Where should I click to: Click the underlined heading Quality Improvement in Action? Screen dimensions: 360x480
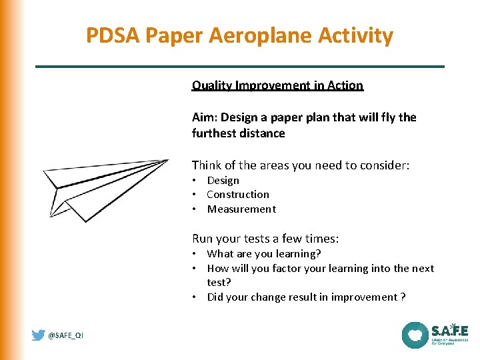click(x=277, y=85)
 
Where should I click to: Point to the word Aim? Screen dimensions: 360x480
click(x=205, y=117)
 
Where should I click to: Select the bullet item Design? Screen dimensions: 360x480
click(x=223, y=181)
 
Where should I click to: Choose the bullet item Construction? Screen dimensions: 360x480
click(x=238, y=195)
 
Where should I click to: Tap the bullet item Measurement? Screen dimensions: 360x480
click(x=241, y=209)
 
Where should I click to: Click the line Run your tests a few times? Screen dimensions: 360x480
click(x=265, y=239)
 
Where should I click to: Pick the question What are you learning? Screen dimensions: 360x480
click(x=264, y=254)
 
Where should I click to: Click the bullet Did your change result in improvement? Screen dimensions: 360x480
click(x=306, y=297)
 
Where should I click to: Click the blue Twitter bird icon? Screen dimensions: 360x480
click(x=39, y=335)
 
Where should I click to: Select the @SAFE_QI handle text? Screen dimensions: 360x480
click(x=66, y=336)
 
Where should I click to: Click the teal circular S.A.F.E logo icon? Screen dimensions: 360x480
click(x=415, y=335)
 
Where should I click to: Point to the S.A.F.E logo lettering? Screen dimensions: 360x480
click(x=449, y=331)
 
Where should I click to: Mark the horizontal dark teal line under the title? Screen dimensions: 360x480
click(x=239, y=67)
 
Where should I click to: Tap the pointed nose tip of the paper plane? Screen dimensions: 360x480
click(x=168, y=160)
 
